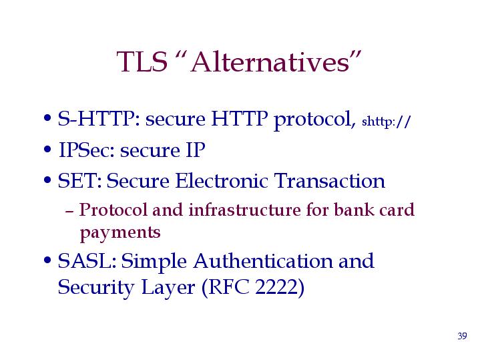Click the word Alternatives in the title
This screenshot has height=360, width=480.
(x=270, y=62)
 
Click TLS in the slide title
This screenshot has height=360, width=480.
(x=142, y=62)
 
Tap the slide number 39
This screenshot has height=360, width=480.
(x=462, y=336)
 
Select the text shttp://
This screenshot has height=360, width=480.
(x=386, y=122)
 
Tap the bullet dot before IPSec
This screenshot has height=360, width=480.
(x=47, y=150)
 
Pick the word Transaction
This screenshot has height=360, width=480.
(x=329, y=180)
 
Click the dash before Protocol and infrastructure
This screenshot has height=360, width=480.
(x=69, y=211)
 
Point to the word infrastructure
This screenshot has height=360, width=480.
(x=244, y=210)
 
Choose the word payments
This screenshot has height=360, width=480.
(x=120, y=233)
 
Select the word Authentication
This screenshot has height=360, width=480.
(x=263, y=261)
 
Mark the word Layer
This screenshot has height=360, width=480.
(x=168, y=288)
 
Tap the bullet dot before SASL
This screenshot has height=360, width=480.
(x=47, y=260)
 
